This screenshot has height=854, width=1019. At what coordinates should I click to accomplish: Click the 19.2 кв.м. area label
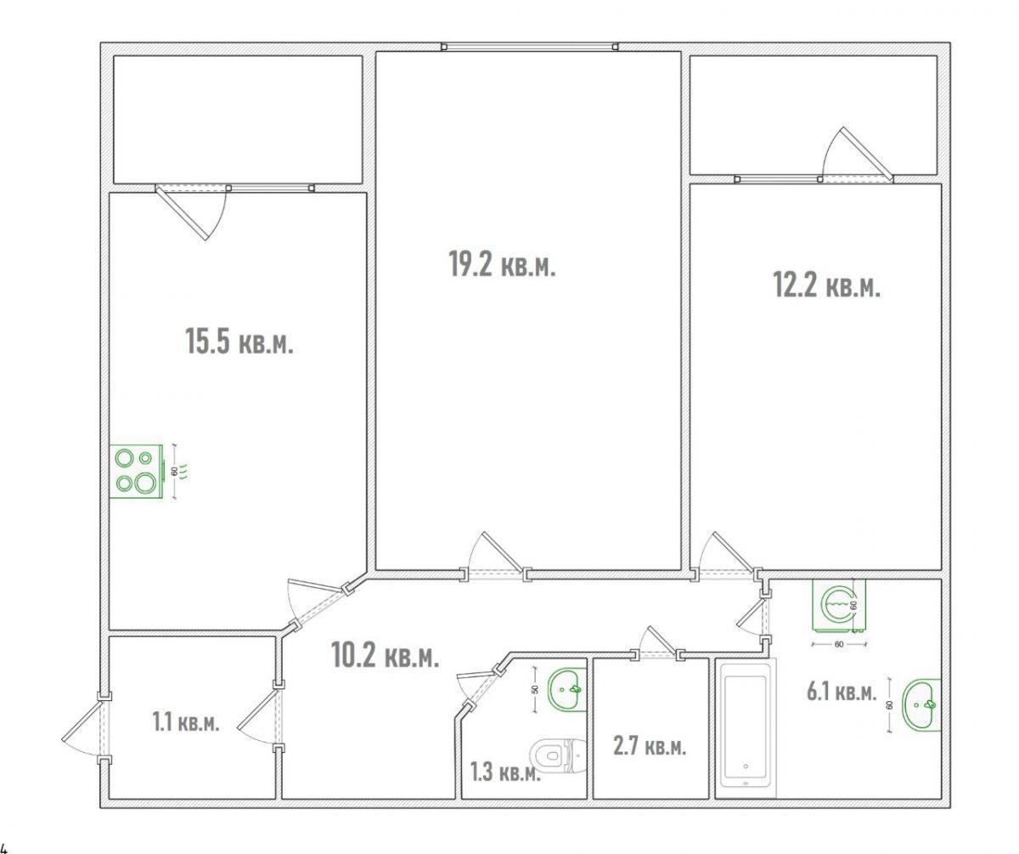[502, 264]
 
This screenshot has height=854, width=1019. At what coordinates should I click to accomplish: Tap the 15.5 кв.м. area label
[239, 341]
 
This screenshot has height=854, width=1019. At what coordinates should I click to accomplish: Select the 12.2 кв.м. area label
[827, 285]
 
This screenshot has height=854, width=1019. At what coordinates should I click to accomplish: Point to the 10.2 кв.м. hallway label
[385, 654]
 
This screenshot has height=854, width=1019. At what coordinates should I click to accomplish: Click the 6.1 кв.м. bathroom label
[842, 692]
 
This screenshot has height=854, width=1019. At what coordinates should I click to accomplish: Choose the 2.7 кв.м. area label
[650, 746]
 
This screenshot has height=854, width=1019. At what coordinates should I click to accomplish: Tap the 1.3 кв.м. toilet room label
[505, 772]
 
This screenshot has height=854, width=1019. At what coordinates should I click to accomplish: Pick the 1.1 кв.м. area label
[186, 721]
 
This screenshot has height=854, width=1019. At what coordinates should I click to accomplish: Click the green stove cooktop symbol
[136, 472]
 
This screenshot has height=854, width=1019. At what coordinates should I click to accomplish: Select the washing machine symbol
[839, 606]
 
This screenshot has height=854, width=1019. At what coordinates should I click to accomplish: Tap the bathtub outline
[746, 728]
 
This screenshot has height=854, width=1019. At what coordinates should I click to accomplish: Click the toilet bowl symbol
[558, 755]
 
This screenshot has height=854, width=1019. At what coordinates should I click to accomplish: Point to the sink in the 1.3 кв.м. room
[567, 690]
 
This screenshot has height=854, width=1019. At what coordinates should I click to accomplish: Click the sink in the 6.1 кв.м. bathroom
[921, 704]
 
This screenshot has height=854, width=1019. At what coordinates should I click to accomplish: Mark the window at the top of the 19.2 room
[530, 47]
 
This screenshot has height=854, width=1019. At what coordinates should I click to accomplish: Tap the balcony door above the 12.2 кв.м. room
[856, 155]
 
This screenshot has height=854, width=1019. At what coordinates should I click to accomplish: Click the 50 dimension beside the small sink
[534, 689]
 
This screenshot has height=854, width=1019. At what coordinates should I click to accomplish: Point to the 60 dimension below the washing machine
[839, 644]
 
